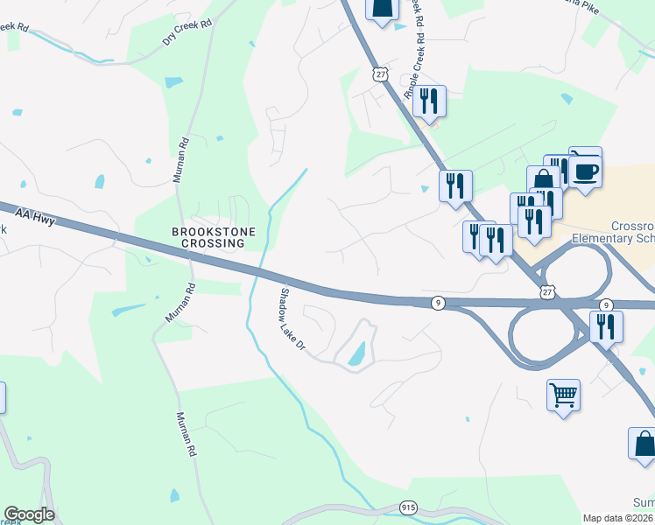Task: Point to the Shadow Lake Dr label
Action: (292, 320)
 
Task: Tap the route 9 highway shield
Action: (440, 303)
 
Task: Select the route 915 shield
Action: (408, 507)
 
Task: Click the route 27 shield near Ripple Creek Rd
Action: (380, 74)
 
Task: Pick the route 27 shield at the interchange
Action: (547, 292)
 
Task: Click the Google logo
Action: (29, 514)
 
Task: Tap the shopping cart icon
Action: (563, 394)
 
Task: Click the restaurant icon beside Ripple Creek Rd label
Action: (429, 101)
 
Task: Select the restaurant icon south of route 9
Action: (605, 325)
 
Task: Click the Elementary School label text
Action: (612, 238)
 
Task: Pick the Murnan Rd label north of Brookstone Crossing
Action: (180, 158)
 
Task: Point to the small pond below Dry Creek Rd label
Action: (173, 81)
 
